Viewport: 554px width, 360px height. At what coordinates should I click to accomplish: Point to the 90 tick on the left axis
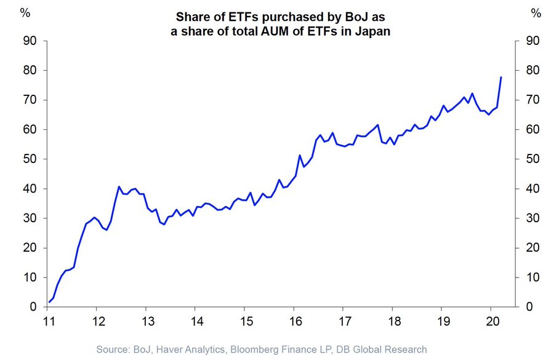[x=28, y=41]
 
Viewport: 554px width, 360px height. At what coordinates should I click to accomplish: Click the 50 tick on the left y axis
[x=28, y=159]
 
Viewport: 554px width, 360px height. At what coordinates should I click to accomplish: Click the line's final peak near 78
[x=501, y=77]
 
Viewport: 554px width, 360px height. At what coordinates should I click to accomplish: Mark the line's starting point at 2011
[x=49, y=302]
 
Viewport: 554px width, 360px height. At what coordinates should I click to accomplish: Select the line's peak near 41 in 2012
[x=119, y=186]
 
